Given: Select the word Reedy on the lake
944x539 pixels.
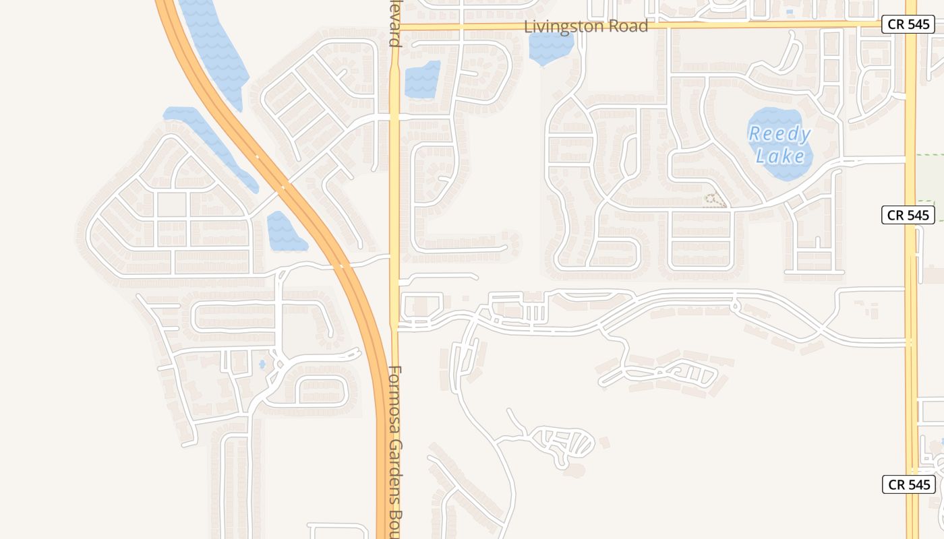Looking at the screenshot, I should tap(779, 133).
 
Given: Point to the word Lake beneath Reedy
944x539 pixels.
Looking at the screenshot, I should tap(780, 156).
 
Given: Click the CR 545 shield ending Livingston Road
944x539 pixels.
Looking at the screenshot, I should tap(908, 25).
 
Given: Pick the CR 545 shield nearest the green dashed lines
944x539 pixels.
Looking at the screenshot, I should tap(908, 215).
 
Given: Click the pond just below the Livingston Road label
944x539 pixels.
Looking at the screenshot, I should tap(550, 47).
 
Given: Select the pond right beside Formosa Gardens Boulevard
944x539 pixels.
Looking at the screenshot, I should tap(422, 80).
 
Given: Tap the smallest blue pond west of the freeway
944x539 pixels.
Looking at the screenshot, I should tap(262, 364).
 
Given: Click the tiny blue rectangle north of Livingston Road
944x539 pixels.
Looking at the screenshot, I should tap(790, 11).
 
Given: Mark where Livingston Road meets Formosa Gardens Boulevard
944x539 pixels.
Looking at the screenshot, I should tap(394, 27).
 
